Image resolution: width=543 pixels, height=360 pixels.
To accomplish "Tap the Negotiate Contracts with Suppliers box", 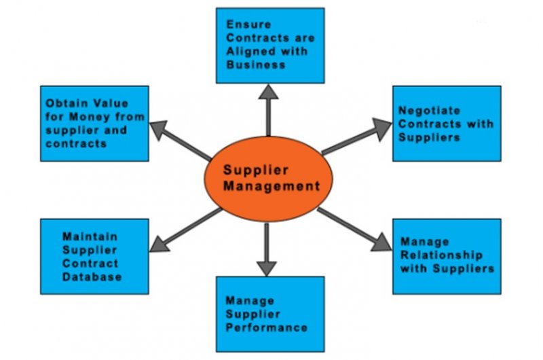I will pos(447,123).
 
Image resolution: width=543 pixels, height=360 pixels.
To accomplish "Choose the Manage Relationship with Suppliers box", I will pos(447,255).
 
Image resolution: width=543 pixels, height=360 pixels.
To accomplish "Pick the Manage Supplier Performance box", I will pos(270,313).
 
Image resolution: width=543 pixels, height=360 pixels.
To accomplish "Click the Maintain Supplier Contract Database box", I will pos(94,256).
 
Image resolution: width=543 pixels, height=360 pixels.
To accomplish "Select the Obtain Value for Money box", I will pos(94,123).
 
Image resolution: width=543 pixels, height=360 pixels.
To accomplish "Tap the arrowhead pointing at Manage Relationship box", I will pos(382,242).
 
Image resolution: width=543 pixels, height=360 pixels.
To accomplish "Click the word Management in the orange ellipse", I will pos(271,185).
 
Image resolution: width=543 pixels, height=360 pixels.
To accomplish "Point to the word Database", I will pos(92,276).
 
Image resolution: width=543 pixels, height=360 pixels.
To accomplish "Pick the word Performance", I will pos(267,327).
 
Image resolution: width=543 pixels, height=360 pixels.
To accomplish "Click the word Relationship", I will pos(441,255).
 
